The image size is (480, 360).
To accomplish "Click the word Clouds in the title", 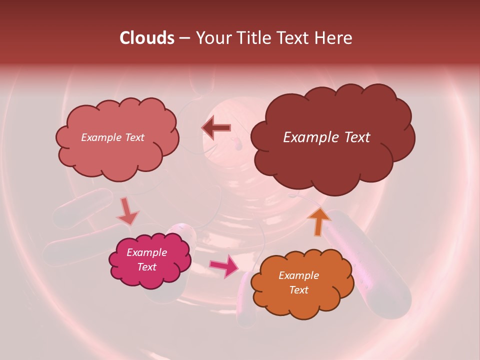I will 146,38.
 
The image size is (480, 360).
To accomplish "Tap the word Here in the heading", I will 333,38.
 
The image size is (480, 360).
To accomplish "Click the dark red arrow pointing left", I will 216,128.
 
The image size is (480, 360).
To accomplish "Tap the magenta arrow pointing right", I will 224,266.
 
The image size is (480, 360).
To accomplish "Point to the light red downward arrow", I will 127,212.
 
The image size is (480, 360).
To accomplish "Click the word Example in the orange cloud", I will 298,275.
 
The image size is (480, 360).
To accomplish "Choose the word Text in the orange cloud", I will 298,290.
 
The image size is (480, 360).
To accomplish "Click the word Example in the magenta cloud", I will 146,252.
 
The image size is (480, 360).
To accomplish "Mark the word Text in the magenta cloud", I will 146,267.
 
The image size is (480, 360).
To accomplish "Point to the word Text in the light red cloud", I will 134,137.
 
